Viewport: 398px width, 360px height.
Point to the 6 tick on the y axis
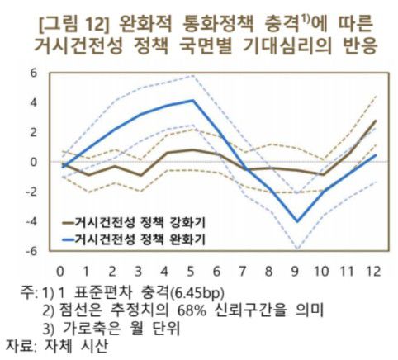(x=34, y=72)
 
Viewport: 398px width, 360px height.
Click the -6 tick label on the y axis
(x=31, y=251)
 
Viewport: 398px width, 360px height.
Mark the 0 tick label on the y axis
(x=34, y=162)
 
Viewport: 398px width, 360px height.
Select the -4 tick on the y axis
(x=31, y=221)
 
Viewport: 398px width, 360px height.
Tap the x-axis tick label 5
(x=192, y=271)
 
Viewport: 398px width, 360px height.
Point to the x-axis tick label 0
(x=60, y=271)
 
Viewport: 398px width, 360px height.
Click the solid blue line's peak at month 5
(x=192, y=101)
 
